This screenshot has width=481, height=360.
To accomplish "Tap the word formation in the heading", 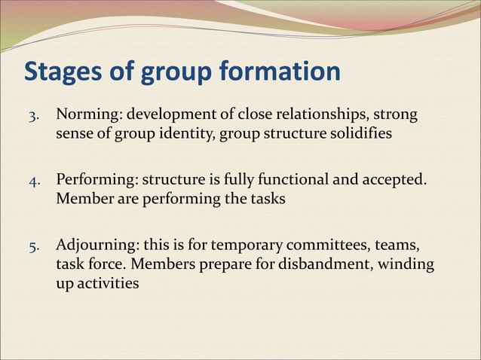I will click(x=280, y=73).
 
